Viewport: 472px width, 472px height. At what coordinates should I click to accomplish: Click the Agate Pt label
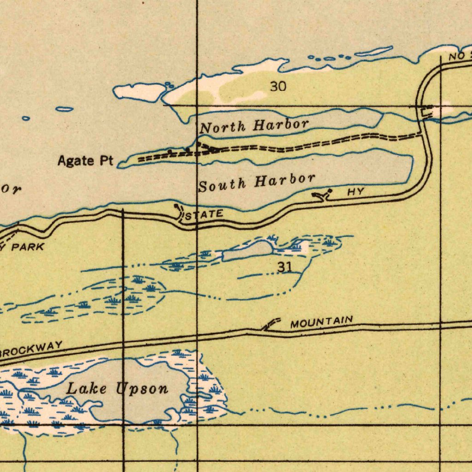[x=85, y=161]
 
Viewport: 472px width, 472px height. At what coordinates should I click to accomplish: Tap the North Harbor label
[x=254, y=125]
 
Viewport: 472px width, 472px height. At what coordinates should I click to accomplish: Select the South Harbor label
[x=257, y=182]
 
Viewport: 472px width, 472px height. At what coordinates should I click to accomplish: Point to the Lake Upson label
[x=118, y=389]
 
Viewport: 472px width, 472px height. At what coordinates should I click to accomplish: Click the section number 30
[x=278, y=86]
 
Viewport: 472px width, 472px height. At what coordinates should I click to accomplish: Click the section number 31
[x=285, y=267]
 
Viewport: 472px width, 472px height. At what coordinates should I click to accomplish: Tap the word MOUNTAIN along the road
[x=322, y=321]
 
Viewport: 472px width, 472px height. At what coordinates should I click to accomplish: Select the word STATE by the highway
[x=204, y=214]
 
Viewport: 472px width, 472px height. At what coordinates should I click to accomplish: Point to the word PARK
[x=28, y=247]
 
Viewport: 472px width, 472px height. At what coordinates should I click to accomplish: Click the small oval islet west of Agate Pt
[x=65, y=109]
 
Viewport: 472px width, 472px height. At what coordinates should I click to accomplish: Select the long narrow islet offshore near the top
[x=374, y=51]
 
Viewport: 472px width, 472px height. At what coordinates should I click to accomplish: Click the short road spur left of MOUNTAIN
[x=271, y=324]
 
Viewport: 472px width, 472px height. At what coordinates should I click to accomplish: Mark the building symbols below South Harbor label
[x=323, y=195]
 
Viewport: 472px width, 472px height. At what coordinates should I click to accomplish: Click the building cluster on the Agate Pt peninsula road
[x=207, y=147]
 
